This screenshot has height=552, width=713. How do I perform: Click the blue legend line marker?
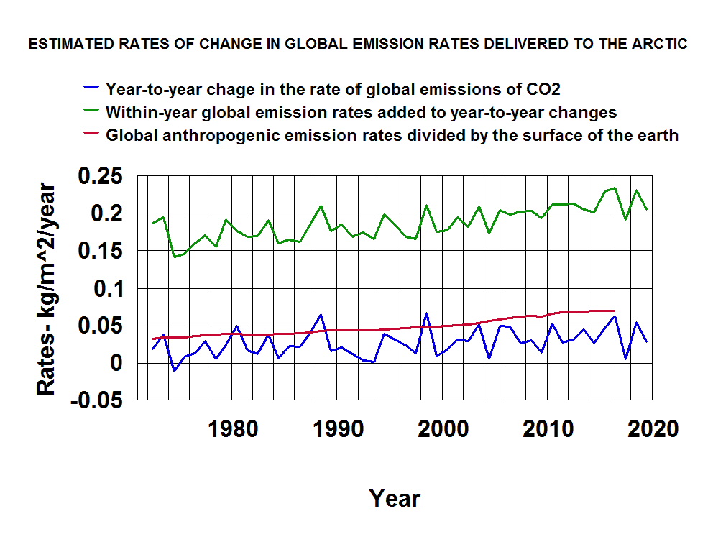pos(91,90)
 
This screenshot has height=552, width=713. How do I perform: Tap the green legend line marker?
pos(91,112)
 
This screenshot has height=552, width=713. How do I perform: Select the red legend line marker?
pos(91,135)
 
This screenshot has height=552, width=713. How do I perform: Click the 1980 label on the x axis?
pos(231,429)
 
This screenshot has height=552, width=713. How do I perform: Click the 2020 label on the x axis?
pos(651,429)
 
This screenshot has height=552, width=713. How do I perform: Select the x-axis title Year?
pos(395,498)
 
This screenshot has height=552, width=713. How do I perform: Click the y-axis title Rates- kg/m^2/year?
pos(47,288)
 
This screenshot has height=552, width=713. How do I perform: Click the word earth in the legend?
pos(659,135)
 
